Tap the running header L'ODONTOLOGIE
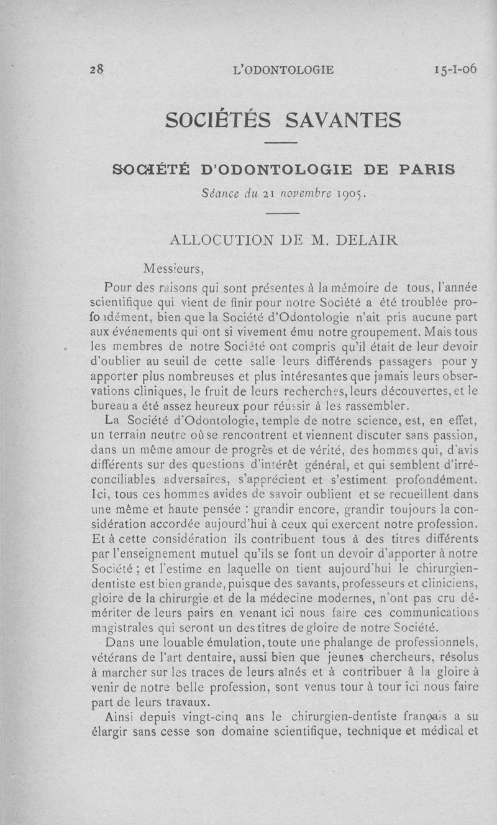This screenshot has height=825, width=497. click(x=283, y=70)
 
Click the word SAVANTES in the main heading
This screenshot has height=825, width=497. click(x=342, y=119)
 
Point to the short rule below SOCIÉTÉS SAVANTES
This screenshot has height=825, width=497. click(x=282, y=144)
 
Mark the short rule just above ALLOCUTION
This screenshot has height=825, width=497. click(x=282, y=214)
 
